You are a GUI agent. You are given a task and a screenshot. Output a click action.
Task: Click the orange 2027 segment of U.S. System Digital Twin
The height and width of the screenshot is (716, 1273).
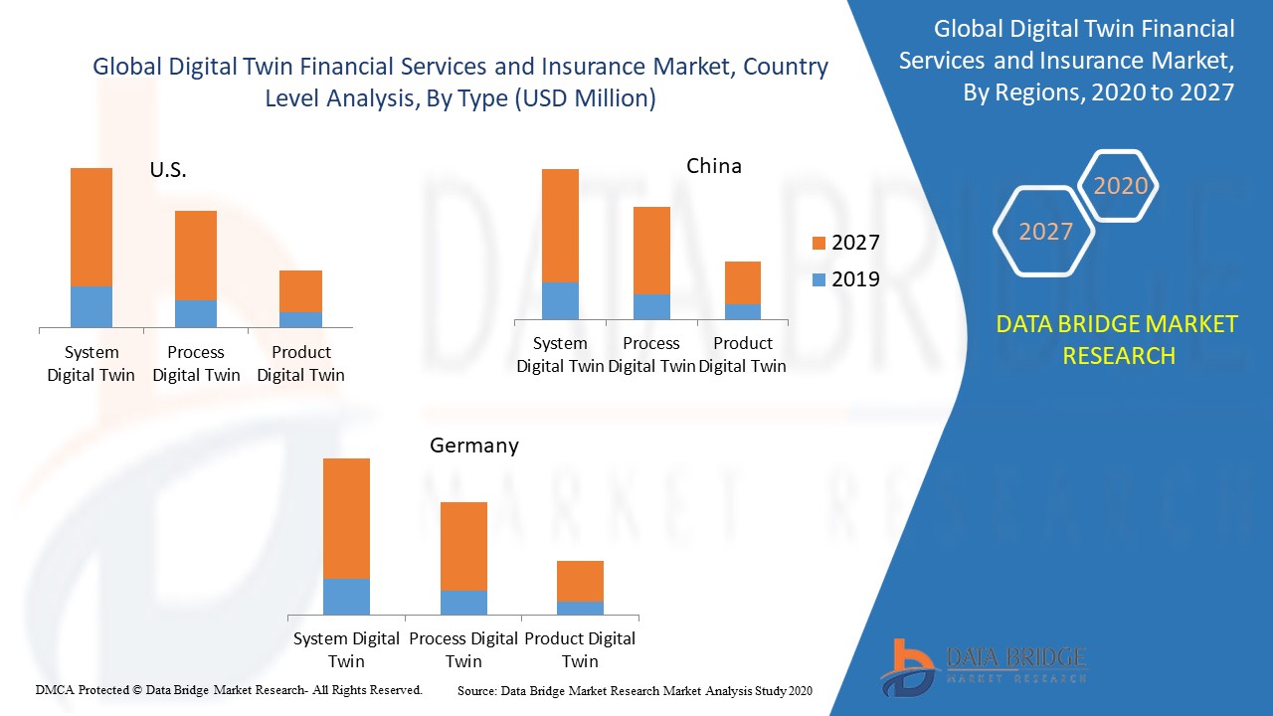point(91,227)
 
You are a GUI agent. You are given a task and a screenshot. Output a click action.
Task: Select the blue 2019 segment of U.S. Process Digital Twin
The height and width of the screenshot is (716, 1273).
point(196,313)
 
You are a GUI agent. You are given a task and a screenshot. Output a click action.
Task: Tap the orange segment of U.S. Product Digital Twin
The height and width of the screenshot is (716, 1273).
point(300,290)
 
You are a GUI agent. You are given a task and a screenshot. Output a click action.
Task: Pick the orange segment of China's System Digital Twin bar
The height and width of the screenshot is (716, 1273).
point(560,226)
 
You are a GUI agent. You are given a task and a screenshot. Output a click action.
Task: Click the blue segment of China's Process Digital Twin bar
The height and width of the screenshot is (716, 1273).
point(651,306)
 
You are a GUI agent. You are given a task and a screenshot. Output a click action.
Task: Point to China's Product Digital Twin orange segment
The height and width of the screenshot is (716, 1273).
point(743,282)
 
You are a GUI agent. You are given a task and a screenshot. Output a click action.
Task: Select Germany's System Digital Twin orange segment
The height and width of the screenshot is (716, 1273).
point(346,518)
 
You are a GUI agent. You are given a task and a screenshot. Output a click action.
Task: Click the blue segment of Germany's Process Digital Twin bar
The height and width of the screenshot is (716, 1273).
point(463,603)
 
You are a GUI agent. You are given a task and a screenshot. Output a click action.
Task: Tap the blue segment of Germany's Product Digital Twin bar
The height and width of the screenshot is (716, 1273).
point(580,608)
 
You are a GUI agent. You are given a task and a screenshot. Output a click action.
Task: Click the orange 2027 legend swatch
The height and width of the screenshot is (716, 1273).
point(818,243)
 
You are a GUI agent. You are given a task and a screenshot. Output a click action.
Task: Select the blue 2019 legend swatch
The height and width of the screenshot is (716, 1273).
point(818,279)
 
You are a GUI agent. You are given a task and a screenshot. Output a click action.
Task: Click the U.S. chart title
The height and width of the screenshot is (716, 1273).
point(168,170)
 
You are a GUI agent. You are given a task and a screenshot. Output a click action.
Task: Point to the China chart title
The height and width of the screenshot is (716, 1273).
point(714,166)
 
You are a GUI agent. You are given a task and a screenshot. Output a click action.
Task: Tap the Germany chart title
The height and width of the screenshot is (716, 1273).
point(474,446)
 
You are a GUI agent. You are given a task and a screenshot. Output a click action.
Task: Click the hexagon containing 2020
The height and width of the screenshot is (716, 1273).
point(1120,186)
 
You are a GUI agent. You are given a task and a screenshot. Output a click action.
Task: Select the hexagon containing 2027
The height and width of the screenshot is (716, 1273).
point(1044,232)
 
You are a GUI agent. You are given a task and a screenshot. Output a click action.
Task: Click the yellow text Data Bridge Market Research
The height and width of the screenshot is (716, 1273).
point(1117,339)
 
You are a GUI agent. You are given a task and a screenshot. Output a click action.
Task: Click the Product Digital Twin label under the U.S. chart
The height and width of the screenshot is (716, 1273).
point(300,363)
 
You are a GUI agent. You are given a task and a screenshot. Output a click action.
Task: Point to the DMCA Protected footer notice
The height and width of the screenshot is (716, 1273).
point(229,689)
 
